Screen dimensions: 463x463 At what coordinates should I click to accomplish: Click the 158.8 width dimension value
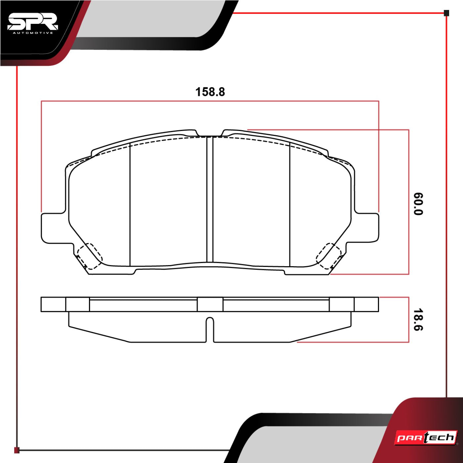[210, 92]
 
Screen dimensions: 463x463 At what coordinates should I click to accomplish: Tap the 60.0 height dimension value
[418, 204]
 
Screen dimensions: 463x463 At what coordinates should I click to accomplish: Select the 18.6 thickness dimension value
[418, 320]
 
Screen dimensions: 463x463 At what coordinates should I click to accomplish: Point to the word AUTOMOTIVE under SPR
[33, 33]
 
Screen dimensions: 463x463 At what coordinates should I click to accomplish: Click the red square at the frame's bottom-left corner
[17, 450]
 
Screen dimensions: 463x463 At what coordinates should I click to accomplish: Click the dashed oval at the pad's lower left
[90, 256]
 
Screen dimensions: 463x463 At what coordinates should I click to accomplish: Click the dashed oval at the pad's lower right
[329, 256]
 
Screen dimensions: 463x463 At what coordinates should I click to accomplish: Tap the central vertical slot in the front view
[210, 198]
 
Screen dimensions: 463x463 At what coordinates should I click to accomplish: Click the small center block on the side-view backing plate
[210, 304]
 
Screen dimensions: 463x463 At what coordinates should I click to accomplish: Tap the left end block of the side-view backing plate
[53, 304]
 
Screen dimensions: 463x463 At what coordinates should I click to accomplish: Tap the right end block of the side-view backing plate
[366, 304]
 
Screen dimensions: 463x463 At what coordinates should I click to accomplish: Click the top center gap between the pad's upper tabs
[210, 134]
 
